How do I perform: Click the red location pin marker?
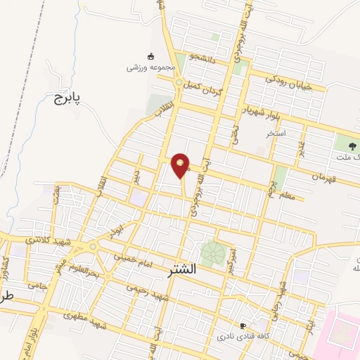point(181,165)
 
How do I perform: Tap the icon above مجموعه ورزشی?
point(149,56)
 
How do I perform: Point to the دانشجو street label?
point(205,58)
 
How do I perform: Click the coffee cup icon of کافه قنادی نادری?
point(243,326)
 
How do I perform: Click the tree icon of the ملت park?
point(352,146)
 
